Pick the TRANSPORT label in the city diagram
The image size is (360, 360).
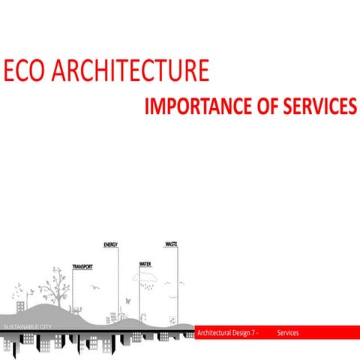(x=82, y=267)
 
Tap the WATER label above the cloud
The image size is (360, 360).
(x=145, y=264)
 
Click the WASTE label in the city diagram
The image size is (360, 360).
(x=171, y=244)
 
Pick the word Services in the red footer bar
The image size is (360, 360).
(x=288, y=331)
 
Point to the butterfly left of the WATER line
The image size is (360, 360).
(x=128, y=301)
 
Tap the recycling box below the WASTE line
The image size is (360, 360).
(x=172, y=318)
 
